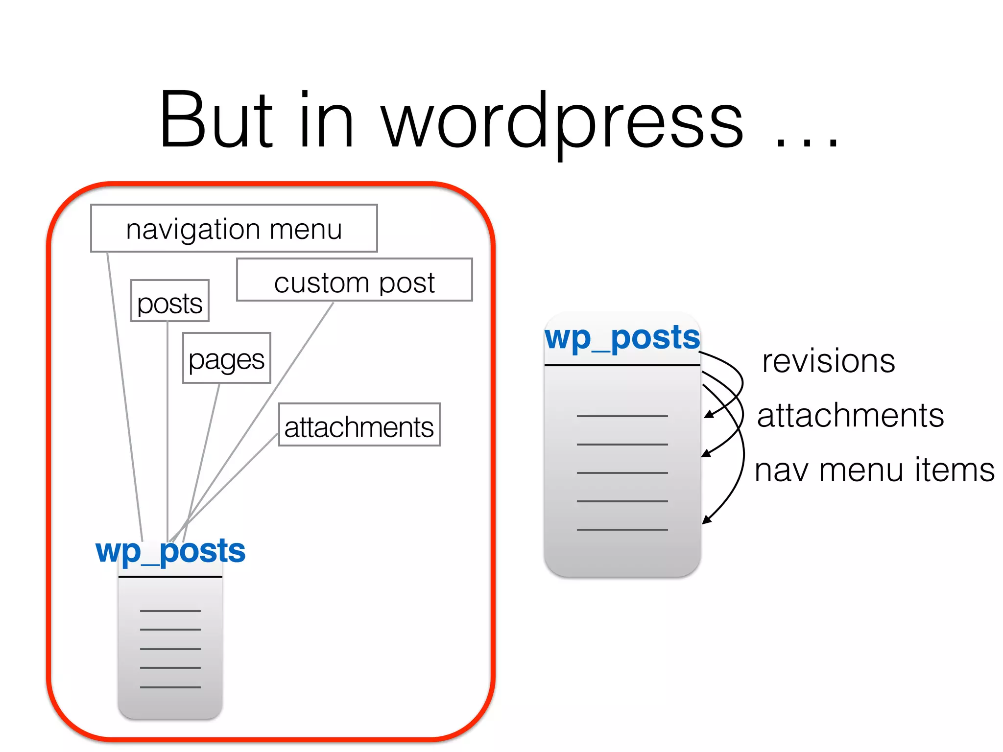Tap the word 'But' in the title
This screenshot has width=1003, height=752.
215,120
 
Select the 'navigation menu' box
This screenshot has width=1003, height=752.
234,228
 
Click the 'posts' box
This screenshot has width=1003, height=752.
169,301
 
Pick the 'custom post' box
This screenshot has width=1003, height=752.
354,280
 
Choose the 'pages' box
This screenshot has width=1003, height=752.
226,358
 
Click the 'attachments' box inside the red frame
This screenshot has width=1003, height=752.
359,424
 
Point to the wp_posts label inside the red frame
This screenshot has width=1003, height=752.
170,551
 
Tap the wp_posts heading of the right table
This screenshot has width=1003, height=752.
622,338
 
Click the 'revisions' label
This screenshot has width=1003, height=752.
828,361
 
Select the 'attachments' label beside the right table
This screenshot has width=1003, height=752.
850,415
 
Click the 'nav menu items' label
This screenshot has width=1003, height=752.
874,470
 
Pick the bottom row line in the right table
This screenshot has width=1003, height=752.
622,529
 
